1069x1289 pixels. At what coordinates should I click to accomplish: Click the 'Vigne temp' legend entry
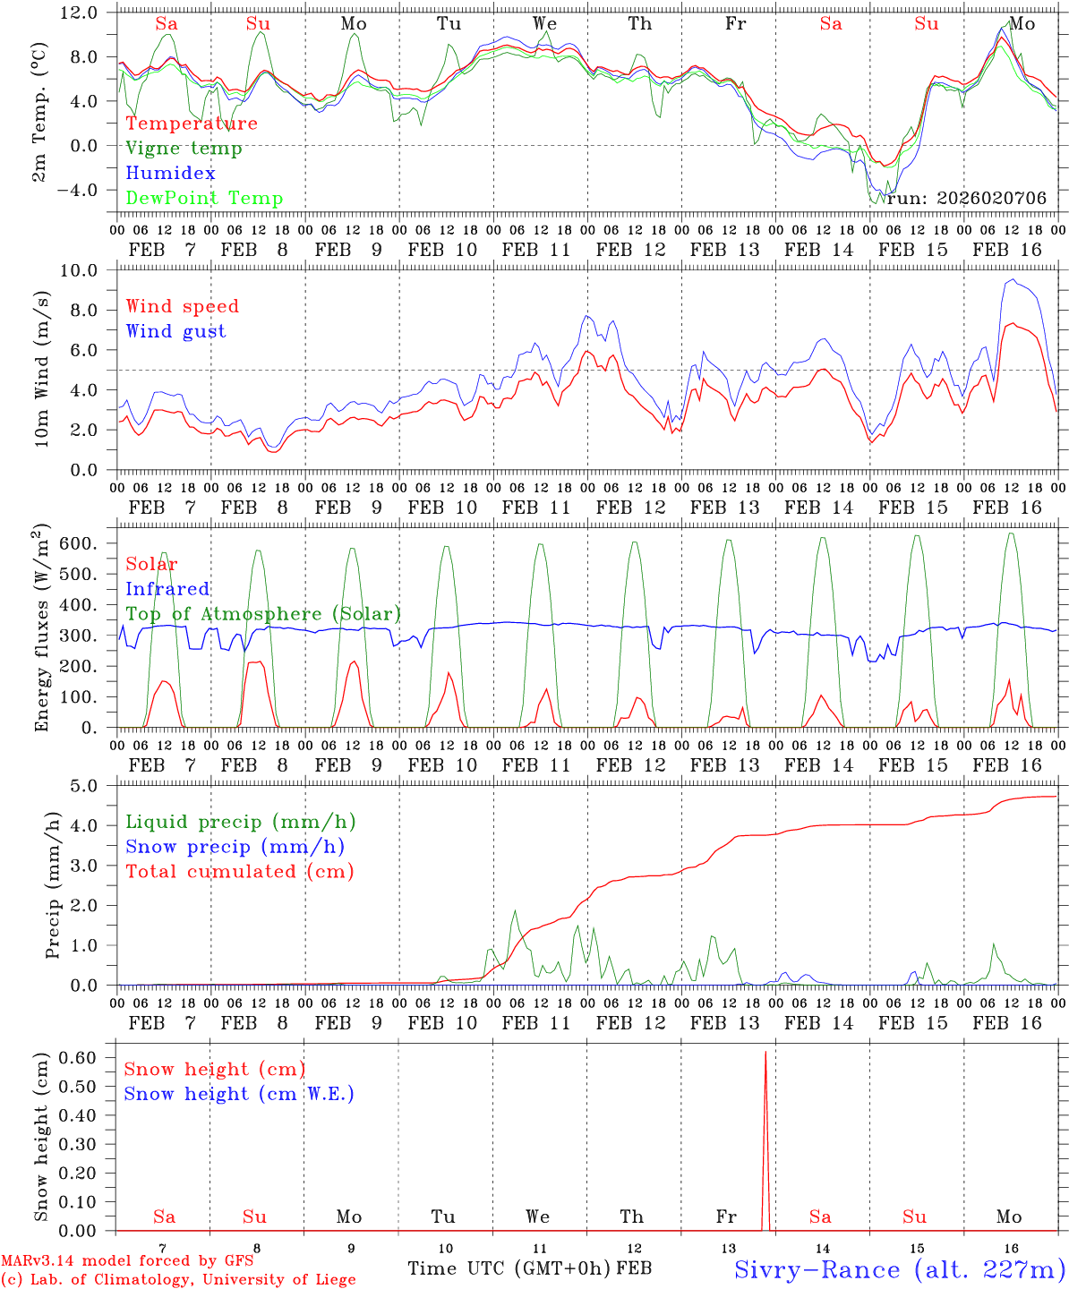point(184,149)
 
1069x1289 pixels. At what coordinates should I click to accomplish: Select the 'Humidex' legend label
point(170,174)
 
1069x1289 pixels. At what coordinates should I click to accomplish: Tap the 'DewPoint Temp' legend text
point(204,199)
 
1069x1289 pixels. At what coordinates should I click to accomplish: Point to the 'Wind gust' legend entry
point(175,331)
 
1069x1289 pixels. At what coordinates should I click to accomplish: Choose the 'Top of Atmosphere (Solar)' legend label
point(263,614)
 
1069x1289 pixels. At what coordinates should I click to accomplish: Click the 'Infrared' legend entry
point(167,589)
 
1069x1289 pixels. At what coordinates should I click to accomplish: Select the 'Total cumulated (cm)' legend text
point(239,872)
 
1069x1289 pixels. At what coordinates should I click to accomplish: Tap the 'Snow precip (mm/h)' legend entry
point(235,847)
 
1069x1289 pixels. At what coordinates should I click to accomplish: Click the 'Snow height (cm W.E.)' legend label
point(239,1094)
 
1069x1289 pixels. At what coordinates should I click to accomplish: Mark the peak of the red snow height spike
point(765,1053)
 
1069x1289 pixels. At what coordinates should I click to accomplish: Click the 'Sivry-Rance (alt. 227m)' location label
point(899,1269)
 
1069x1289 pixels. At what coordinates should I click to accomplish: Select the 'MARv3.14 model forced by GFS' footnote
point(127,1261)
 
